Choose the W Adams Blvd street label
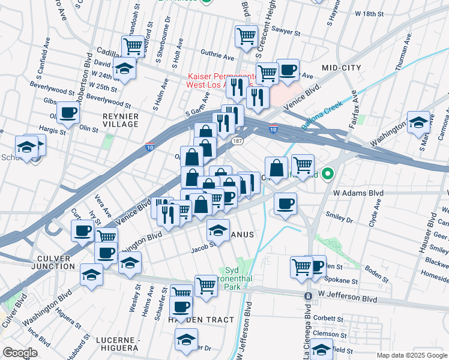358,193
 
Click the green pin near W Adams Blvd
328,175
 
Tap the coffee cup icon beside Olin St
68,112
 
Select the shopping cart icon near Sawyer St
246,35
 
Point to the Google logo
20,353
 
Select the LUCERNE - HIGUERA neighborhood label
118,344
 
